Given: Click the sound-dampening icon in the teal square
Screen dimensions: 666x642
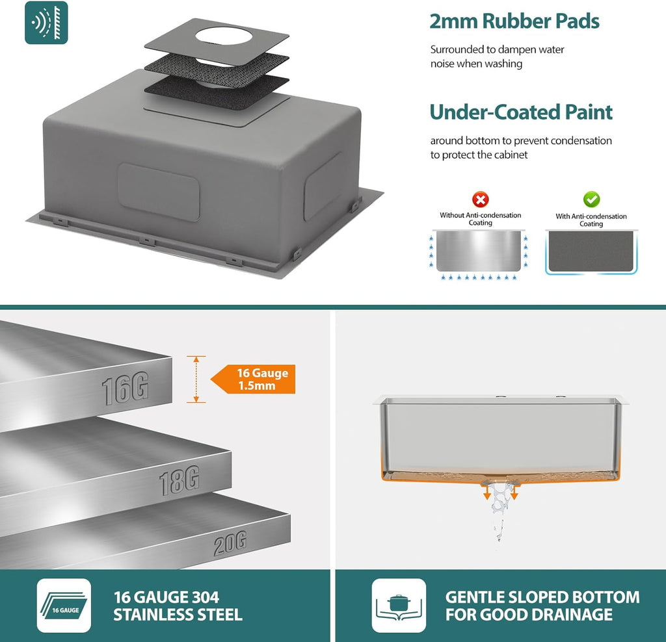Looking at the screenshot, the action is (46, 23).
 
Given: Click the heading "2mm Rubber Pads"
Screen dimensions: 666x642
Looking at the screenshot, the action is (514, 21).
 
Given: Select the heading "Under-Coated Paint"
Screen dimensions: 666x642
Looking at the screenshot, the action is (521, 112).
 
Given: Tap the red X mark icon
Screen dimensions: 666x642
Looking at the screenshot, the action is (481, 199).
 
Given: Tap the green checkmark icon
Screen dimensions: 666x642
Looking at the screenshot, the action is (591, 199).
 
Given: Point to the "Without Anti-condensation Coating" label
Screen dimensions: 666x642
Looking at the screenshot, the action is (481, 219).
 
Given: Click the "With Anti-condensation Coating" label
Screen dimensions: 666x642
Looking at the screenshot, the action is (591, 220).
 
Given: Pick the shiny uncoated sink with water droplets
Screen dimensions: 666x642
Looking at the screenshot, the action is (479, 253).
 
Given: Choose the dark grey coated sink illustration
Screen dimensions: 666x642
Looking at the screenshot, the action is (591, 252).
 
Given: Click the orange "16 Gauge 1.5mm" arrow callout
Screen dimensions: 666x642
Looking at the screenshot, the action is (253, 379).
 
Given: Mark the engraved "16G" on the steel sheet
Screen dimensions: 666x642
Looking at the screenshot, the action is (126, 388).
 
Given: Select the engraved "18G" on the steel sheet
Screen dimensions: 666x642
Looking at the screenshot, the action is (179, 481).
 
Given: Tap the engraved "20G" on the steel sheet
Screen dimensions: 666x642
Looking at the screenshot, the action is (230, 544).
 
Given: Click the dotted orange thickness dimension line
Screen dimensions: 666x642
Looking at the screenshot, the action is (196, 379).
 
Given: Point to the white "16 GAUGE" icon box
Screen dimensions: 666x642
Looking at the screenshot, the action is (64, 605).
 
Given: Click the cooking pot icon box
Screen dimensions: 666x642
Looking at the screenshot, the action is (399, 605).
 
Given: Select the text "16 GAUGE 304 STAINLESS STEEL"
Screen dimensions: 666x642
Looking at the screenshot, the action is (178, 606).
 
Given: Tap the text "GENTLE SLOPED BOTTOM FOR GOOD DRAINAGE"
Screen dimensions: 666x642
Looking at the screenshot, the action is (542, 606).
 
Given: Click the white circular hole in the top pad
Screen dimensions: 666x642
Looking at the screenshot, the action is (224, 36).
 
